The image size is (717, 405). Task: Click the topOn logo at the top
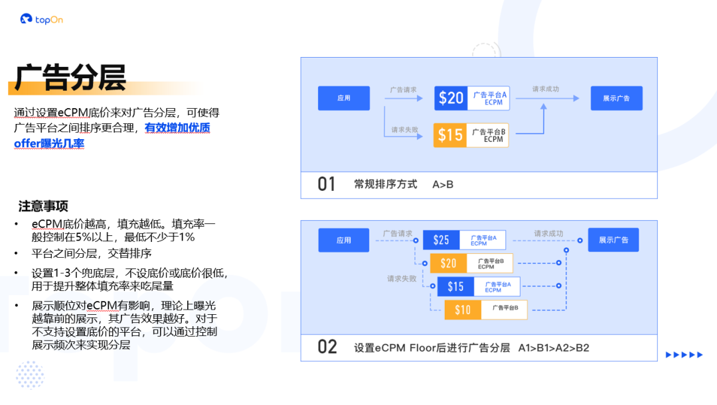coord(41,19)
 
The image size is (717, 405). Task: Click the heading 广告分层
coord(70,78)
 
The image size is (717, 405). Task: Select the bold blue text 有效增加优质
coord(177,128)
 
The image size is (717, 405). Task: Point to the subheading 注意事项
coord(43,206)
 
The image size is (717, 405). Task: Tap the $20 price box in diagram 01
coord(451,98)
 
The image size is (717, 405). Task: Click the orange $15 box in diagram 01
coord(450,135)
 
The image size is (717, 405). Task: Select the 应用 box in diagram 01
coord(343,98)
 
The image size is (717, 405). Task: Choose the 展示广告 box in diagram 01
coord(616,98)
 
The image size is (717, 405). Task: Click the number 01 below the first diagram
coord(327,184)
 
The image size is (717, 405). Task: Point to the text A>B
coord(443,184)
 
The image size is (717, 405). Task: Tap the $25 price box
coord(441,240)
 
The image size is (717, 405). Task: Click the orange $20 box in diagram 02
coord(449,263)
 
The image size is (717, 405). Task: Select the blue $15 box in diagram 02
coord(455,286)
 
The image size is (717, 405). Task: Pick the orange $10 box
coord(463,310)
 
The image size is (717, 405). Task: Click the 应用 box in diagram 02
coord(343,240)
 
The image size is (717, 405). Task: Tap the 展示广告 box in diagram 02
coord(613,240)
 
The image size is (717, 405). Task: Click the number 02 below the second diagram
coord(327,347)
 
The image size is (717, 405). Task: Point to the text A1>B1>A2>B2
coord(554,347)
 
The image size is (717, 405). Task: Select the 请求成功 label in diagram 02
coord(549,233)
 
